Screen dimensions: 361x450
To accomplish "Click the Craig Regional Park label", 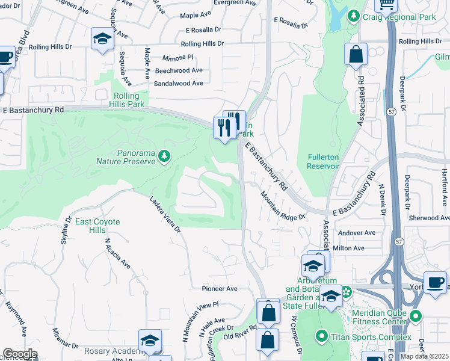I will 407,17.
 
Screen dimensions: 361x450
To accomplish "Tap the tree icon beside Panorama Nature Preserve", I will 164,157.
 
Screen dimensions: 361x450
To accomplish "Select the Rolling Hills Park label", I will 128,100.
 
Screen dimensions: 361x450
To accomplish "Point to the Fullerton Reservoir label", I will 324,161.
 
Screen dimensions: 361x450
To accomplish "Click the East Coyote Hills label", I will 97,226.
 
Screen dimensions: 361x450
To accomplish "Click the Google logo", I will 19,354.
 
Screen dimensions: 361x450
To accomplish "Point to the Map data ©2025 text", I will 424,356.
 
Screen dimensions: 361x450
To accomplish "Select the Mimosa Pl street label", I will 177,57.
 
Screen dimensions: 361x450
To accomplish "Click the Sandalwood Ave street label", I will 179,84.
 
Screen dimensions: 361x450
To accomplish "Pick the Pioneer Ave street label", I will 220,289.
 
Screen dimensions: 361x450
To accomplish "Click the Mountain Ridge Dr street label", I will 282,207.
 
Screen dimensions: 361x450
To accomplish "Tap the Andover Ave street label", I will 357,232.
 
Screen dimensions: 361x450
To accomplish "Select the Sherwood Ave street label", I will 424,218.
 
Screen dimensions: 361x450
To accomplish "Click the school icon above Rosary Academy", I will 150,341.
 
